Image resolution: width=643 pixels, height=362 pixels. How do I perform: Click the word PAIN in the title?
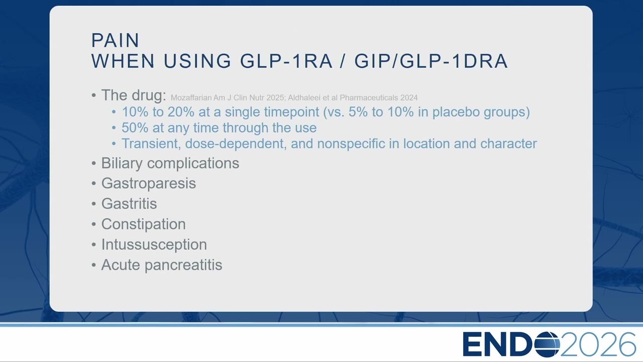pyautogui.click(x=115, y=40)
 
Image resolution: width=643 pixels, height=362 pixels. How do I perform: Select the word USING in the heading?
pyautogui.click(x=197, y=61)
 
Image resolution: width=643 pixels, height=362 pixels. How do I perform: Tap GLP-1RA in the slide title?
pyautogui.click(x=286, y=61)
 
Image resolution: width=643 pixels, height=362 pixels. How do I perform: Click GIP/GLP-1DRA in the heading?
pyautogui.click(x=431, y=61)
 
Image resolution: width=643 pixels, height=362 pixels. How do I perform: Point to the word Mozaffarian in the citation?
pyautogui.click(x=191, y=98)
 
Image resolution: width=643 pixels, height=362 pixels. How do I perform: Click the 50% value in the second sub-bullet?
pyautogui.click(x=135, y=128)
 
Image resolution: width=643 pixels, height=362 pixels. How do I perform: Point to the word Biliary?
pyautogui.click(x=122, y=163)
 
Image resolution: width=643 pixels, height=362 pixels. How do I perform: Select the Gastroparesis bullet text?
pyautogui.click(x=149, y=184)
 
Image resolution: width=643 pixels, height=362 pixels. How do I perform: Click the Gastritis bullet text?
pyautogui.click(x=129, y=204)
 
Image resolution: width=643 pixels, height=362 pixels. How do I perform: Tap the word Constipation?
pyautogui.click(x=144, y=224)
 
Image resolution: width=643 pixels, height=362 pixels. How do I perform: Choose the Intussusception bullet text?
pyautogui.click(x=154, y=245)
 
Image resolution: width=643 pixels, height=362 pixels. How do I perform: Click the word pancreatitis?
pyautogui.click(x=183, y=265)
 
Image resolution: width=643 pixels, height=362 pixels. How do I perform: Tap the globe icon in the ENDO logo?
pyautogui.click(x=547, y=344)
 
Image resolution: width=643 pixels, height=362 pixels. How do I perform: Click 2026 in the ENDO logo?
pyautogui.click(x=598, y=344)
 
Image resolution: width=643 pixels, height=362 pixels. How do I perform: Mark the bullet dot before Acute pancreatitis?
pyautogui.click(x=93, y=265)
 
